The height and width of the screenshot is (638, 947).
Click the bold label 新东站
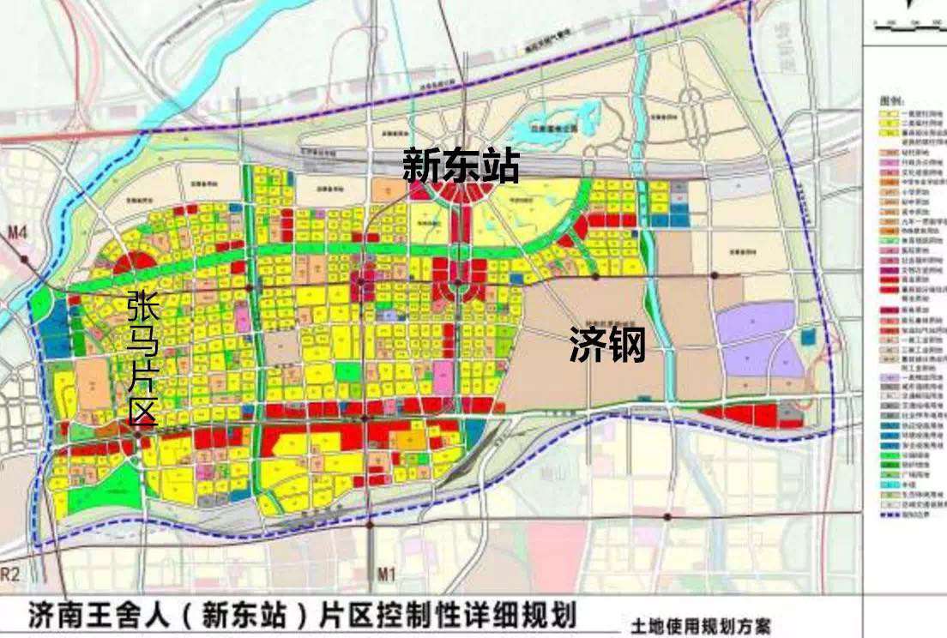click(x=461, y=166)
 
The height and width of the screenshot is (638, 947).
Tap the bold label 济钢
click(x=607, y=346)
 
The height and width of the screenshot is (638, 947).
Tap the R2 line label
click(x=10, y=572)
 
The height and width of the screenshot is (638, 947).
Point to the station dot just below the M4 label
click(x=25, y=257)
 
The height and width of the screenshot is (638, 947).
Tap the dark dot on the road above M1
click(x=369, y=522)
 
